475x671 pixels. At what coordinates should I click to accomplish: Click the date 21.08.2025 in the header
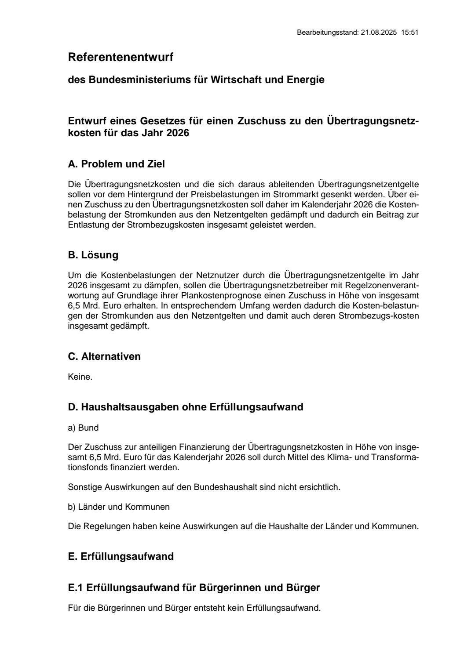[x=379, y=33]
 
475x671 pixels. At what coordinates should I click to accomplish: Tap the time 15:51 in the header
[x=409, y=33]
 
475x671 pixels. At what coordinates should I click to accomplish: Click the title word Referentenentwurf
[x=121, y=57]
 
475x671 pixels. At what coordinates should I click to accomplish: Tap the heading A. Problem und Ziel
[x=116, y=164]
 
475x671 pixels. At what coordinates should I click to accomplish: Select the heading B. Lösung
[x=93, y=255]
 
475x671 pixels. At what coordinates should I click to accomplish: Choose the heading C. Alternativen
[x=104, y=356]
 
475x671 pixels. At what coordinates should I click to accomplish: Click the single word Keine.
[x=80, y=377]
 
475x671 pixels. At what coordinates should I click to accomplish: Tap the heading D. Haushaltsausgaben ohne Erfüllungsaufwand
[x=185, y=407]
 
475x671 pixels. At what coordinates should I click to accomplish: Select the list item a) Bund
[x=83, y=428]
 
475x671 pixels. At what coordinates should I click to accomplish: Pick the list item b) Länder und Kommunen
[x=118, y=507]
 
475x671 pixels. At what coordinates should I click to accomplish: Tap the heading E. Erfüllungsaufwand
[x=121, y=557]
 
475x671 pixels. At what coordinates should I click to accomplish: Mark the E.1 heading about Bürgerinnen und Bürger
[x=194, y=588]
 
